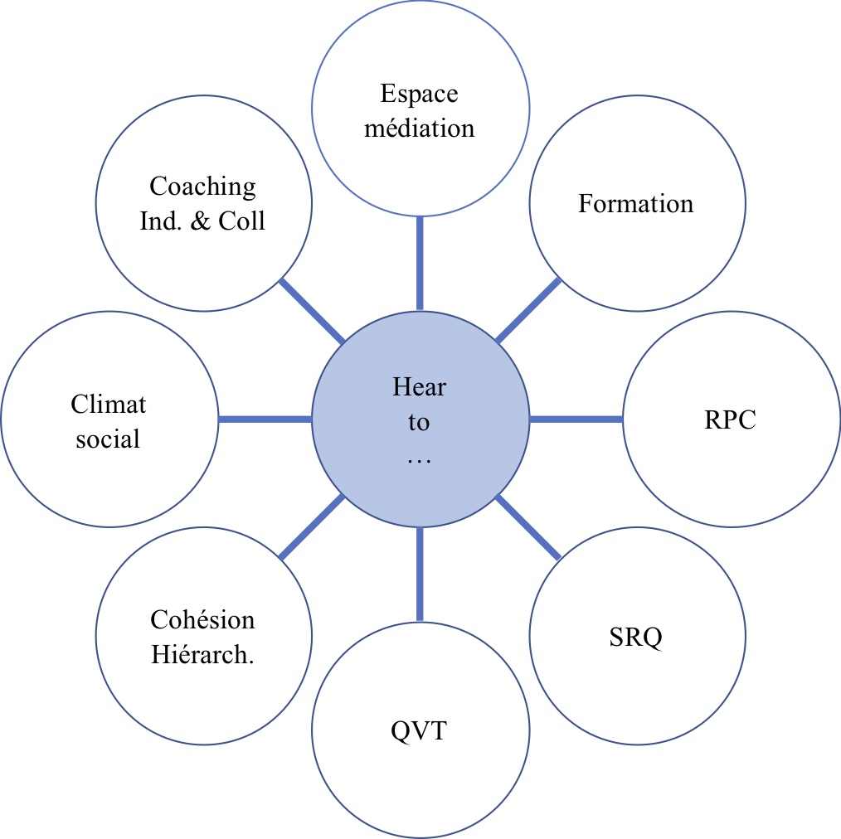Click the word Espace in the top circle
(419, 95)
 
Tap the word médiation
(420, 129)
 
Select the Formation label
(635, 203)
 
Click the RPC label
(730, 419)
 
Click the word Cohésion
(203, 619)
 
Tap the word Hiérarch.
(203, 654)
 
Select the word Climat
(109, 404)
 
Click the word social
(109, 439)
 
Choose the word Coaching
(203, 187)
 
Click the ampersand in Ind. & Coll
(201, 221)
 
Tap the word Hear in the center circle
(420, 386)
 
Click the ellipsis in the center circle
(420, 458)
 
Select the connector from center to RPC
(576, 419)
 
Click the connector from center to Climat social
(265, 419)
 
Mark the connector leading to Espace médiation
(420, 264)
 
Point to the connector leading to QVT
(420, 575)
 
